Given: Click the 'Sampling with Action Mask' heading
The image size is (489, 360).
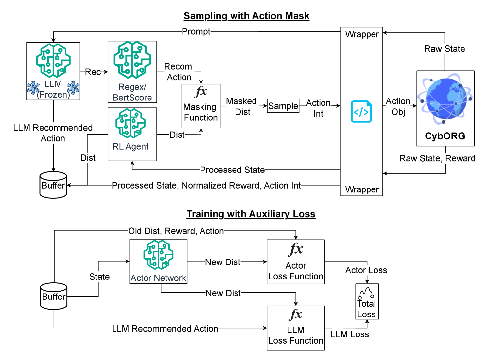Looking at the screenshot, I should [x=246, y=16].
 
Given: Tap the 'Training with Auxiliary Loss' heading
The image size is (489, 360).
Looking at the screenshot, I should [x=251, y=214].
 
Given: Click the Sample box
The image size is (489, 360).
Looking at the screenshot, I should [x=283, y=106].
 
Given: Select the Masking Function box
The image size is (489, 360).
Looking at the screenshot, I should [x=201, y=106].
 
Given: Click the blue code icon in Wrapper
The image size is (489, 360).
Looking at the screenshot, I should [x=361, y=112].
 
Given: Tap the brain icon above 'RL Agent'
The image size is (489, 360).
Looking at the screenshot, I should [x=131, y=123].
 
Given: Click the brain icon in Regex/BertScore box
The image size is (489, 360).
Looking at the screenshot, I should [x=132, y=60].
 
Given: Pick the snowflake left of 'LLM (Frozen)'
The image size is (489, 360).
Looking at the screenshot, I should [x=33, y=88].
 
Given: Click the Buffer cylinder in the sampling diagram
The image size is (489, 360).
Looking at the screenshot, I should [x=53, y=185].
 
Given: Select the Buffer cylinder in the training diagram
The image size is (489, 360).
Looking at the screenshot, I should [x=54, y=296].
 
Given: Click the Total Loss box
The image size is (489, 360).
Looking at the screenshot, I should [x=367, y=301].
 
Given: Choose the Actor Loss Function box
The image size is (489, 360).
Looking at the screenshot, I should [x=296, y=262].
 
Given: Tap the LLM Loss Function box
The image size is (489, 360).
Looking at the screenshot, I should [x=296, y=328].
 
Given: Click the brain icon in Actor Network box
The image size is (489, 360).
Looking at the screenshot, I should [x=158, y=255].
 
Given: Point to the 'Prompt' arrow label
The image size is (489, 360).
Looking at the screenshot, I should [x=196, y=32].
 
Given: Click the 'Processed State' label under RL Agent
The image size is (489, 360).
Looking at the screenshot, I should [x=232, y=170].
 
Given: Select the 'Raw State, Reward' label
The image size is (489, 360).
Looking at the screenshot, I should [x=437, y=158].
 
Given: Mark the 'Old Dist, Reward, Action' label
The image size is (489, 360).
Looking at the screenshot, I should [x=176, y=231].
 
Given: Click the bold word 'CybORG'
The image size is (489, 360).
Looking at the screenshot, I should [x=445, y=136].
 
